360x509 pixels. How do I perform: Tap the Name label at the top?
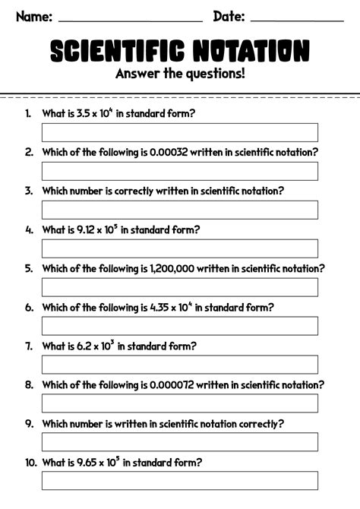pyautogui.click(x=33, y=16)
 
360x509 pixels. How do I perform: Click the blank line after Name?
pyautogui.click(x=130, y=20)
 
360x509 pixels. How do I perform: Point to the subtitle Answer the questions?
pyautogui.click(x=179, y=74)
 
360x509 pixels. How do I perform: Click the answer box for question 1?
pyautogui.click(x=179, y=133)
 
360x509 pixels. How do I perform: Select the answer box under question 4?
pyautogui.click(x=179, y=248)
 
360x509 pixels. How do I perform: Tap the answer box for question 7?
pyautogui.click(x=179, y=365)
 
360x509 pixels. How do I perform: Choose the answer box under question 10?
pyautogui.click(x=179, y=481)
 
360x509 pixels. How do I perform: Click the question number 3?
pyautogui.click(x=28, y=191)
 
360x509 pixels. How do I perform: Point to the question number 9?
pyautogui.click(x=28, y=423)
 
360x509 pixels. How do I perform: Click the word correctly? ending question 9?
pyautogui.click(x=257, y=423)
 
